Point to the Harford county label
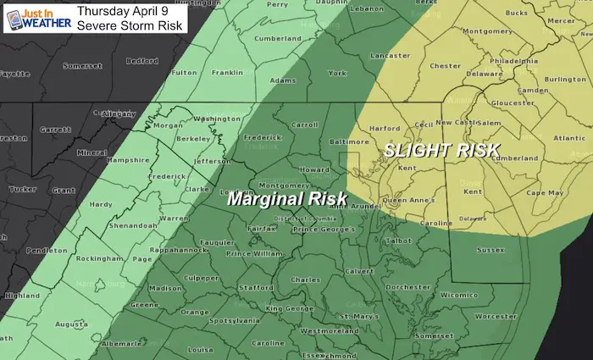point(385,129)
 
